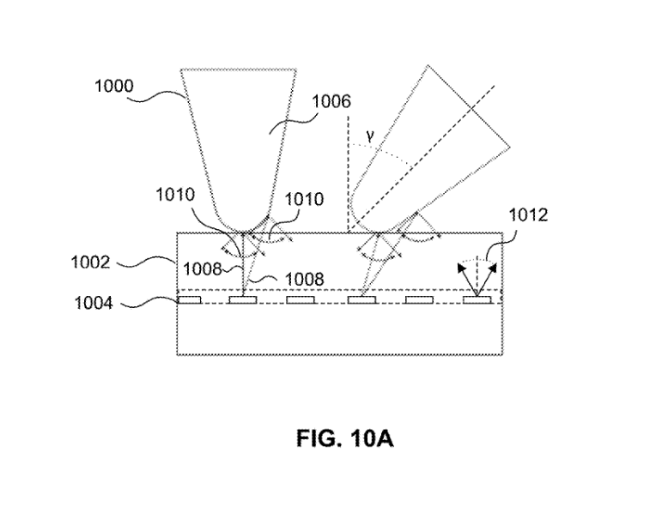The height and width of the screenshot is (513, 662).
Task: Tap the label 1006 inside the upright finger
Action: pyautogui.click(x=330, y=102)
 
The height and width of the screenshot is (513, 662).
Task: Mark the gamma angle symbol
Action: pyautogui.click(x=369, y=135)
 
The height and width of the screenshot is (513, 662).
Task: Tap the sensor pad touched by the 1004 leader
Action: pyautogui.click(x=189, y=300)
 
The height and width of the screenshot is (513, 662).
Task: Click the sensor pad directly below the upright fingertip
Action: pyautogui.click(x=244, y=300)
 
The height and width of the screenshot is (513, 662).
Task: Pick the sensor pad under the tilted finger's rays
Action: pyautogui.click(x=360, y=300)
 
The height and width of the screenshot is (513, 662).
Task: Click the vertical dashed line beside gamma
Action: pyautogui.click(x=347, y=172)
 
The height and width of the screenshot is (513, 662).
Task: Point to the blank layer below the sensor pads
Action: pyautogui.click(x=339, y=330)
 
